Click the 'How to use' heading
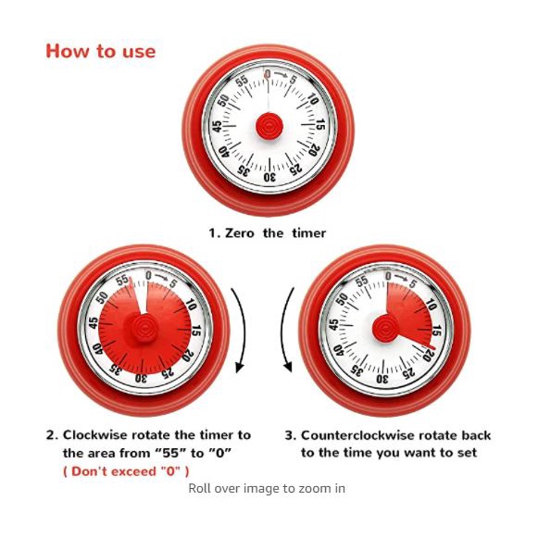[101, 52]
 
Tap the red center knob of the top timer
[269, 126]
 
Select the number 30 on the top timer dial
[269, 177]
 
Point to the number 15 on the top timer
[320, 125]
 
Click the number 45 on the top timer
[217, 126]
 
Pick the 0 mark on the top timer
[268, 74]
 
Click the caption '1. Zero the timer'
[268, 233]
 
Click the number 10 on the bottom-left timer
[191, 304]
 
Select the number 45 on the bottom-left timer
[93, 323]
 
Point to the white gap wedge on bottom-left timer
[141, 295]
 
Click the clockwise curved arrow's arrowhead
[240, 367]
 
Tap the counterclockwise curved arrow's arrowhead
[288, 366]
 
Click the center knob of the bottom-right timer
[385, 328]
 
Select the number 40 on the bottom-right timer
[339, 350]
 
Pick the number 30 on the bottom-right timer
[382, 379]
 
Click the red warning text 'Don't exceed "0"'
[126, 471]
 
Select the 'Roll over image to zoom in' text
[267, 488]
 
